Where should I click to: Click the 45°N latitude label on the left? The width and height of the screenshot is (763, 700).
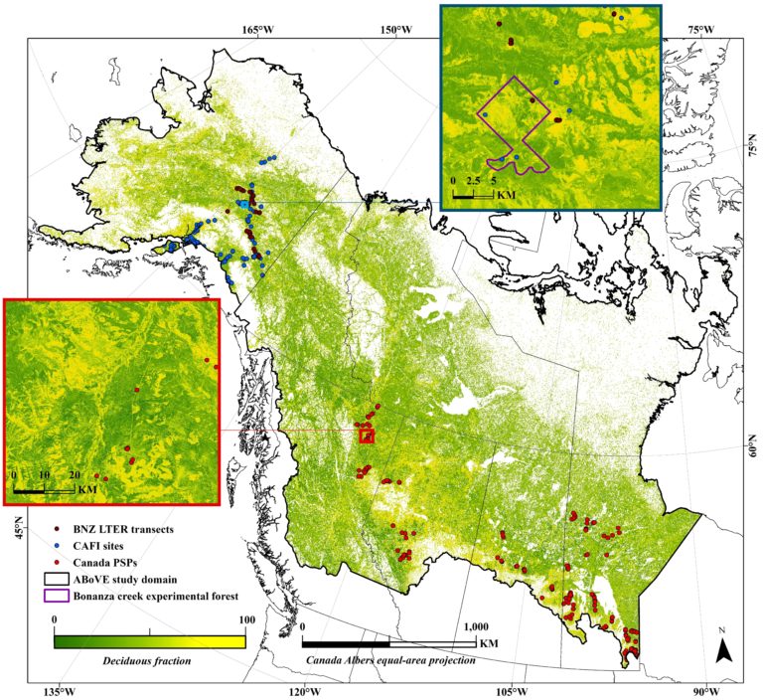17,532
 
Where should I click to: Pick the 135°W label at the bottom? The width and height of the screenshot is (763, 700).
59,691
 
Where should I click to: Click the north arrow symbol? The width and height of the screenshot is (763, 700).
724,649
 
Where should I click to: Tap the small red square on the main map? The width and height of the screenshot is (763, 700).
368,435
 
